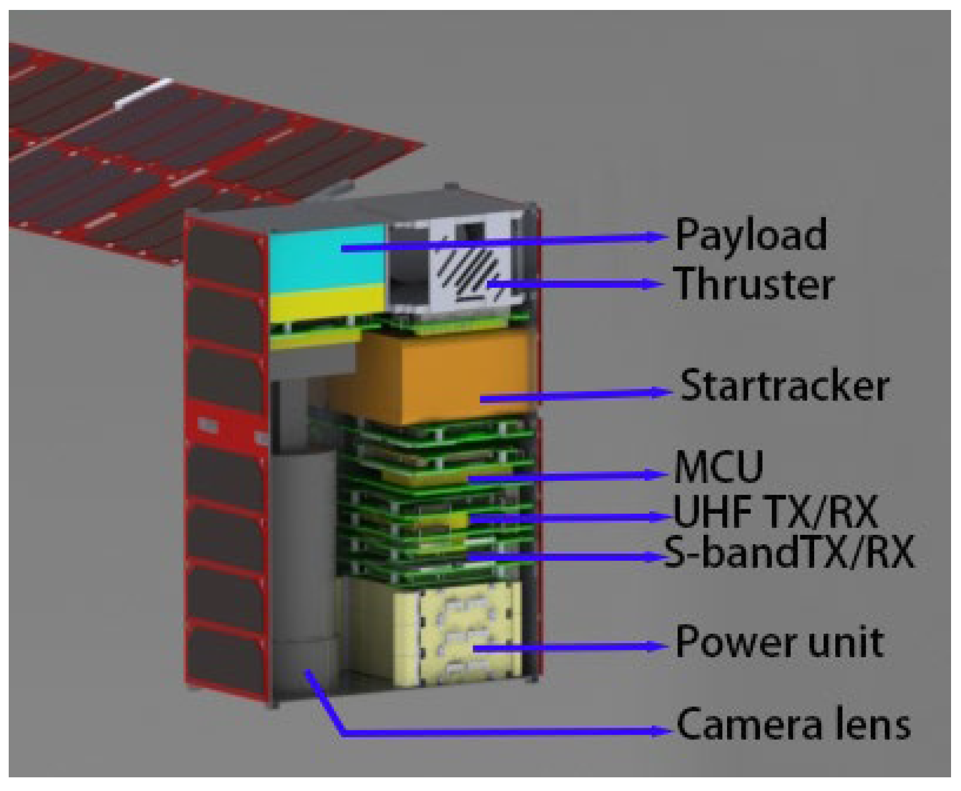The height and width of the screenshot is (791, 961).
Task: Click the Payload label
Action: coord(751,235)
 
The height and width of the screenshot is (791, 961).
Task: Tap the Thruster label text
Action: coord(754,284)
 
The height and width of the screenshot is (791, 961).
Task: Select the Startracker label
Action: coord(784,386)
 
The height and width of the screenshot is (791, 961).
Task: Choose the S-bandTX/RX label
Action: coord(789,552)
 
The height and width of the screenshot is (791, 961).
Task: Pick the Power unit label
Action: coord(779,642)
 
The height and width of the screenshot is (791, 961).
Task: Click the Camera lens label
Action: coord(793,724)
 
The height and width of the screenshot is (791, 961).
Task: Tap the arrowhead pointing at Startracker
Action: coord(661,392)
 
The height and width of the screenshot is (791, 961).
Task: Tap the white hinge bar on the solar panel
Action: coord(143,93)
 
